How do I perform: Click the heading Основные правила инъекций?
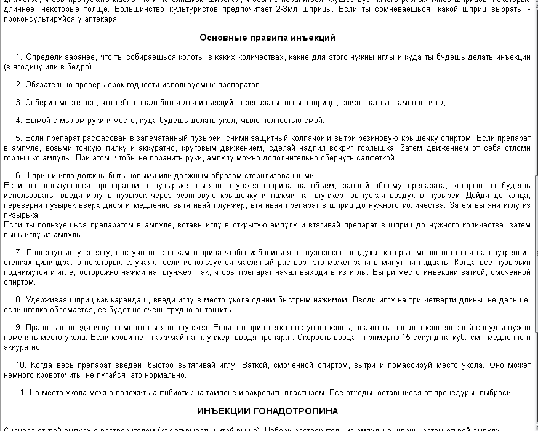(x=267, y=38)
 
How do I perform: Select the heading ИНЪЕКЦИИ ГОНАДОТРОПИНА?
(x=267, y=411)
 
